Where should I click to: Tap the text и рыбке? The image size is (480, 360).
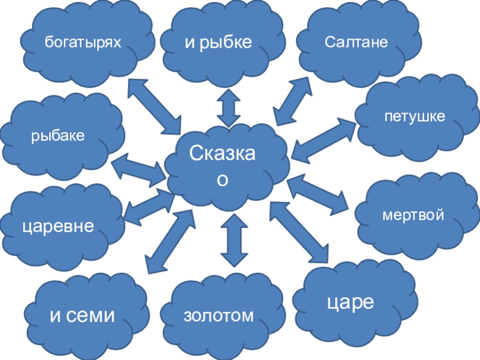tap(217, 42)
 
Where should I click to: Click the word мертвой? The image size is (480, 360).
tap(413, 214)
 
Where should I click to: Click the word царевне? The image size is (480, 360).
tap(58, 226)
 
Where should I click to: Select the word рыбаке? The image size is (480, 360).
tap(58, 136)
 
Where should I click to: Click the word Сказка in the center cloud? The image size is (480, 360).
tap(223, 154)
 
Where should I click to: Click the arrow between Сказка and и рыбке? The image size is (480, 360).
tap(228, 106)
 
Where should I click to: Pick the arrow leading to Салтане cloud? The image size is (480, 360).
tap(292, 101)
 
